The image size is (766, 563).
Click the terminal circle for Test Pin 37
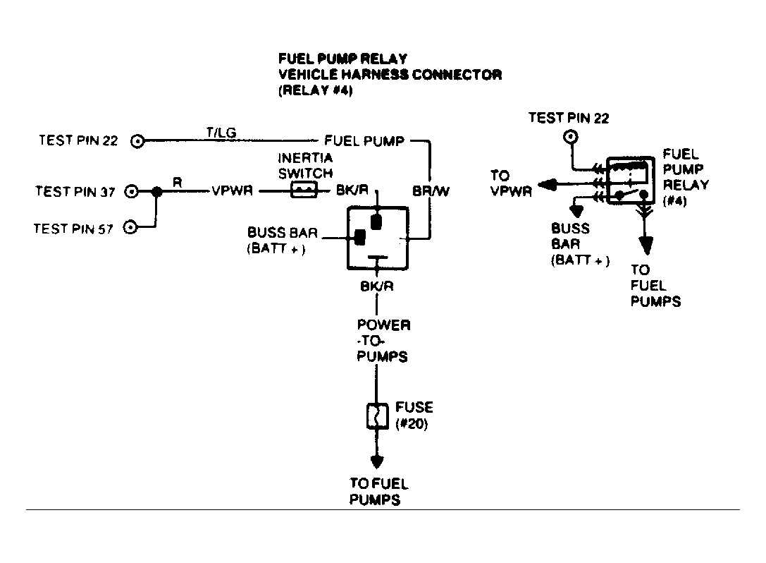tap(131, 191)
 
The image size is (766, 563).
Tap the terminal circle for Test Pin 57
tap(130, 227)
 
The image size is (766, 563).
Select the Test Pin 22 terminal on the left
tap(137, 141)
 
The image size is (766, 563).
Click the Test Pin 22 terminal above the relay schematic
tap(571, 136)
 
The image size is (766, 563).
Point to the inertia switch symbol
tap(304, 190)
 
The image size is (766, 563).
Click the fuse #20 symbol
tap(377, 416)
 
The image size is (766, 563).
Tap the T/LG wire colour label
tap(221, 132)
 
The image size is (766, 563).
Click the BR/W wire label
tap(431, 190)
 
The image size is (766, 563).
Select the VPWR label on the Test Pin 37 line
tap(232, 190)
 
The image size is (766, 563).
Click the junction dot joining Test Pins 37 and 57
tap(157, 192)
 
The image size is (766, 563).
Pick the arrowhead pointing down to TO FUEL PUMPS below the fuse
tap(376, 461)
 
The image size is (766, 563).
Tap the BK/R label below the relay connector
tap(376, 286)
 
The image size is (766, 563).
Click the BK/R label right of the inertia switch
tap(352, 190)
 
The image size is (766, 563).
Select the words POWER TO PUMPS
tap(383, 341)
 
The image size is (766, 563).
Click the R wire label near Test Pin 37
tap(178, 183)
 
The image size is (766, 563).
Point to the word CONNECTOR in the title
tap(457, 74)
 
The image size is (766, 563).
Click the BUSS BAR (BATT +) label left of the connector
tap(283, 240)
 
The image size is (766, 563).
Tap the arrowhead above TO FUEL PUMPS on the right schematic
tap(646, 245)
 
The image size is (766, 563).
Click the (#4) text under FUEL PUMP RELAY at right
tap(674, 201)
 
